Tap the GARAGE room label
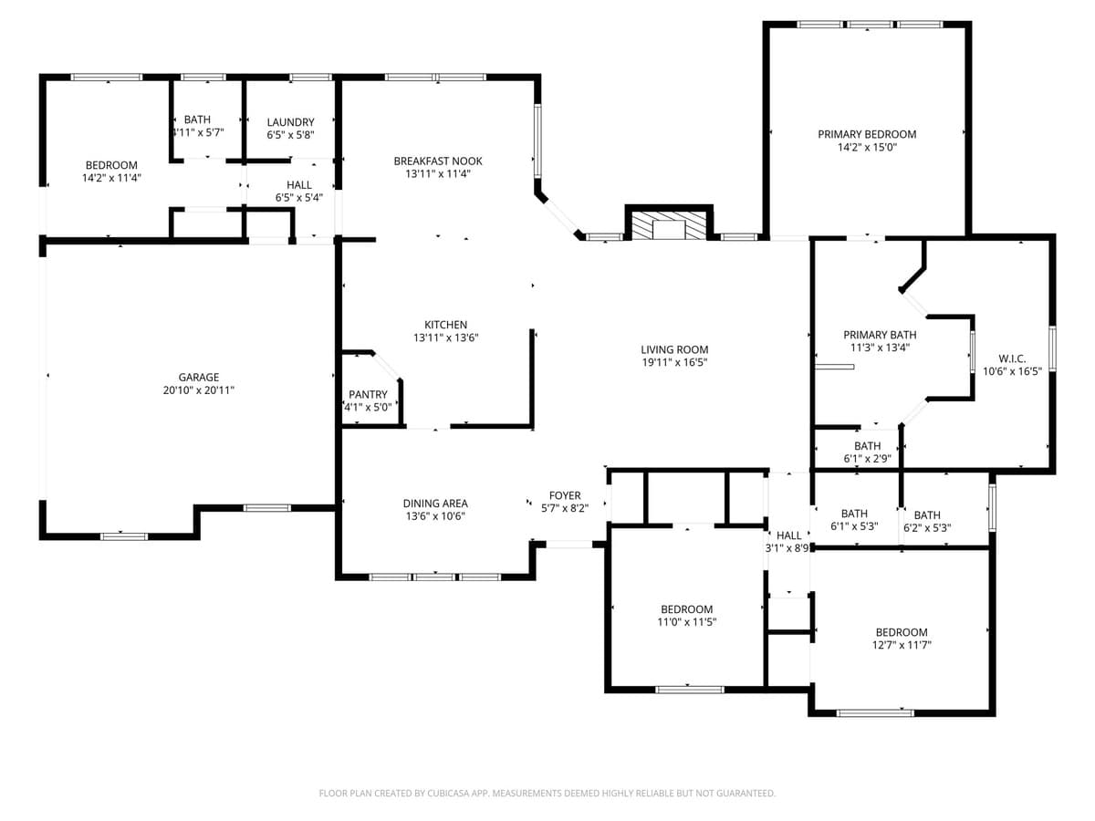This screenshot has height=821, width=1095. point(198,377)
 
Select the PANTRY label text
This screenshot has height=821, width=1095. point(368,395)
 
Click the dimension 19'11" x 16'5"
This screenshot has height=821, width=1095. point(673,362)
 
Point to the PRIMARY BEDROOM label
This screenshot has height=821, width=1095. point(867,134)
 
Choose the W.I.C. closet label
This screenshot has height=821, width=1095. point(1012,359)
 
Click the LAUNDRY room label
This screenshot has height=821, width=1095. point(290,122)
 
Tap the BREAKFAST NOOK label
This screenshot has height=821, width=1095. point(438,161)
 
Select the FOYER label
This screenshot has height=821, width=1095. point(565,496)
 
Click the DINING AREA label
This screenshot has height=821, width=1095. point(435,504)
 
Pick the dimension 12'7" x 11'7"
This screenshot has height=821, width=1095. point(902,645)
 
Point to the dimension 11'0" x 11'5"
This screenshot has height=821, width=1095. point(686,622)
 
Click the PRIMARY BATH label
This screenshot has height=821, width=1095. point(880,335)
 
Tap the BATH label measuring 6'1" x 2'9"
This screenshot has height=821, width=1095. point(867,446)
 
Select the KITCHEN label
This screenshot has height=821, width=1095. point(445,325)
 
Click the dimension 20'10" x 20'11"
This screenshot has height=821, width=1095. point(198,390)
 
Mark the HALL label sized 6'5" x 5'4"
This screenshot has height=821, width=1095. point(298,185)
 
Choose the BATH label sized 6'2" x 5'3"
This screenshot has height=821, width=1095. point(927,515)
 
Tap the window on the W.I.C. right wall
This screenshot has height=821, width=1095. point(1052,348)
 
